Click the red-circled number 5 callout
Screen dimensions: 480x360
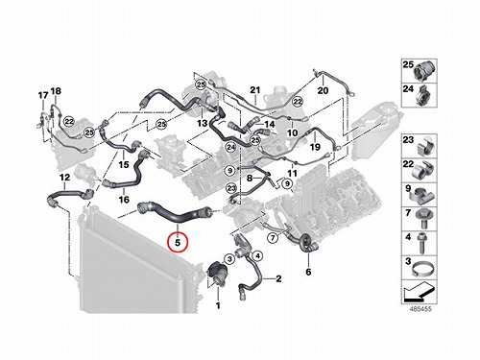178,242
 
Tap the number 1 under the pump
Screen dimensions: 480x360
218,305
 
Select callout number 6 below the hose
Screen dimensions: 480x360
308,272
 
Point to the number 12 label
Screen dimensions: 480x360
64,177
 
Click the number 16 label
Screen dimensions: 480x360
124,200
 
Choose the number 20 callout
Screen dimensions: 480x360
323,90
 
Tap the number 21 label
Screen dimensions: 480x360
255,90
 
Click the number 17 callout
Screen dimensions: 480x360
43,95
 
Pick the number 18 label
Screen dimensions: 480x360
56,91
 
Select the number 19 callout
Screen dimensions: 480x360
315,147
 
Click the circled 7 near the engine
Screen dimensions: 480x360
273,238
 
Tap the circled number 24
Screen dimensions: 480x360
230,147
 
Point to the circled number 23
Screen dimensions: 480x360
231,188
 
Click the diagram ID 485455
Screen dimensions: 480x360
420,309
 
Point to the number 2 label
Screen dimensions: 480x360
278,278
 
